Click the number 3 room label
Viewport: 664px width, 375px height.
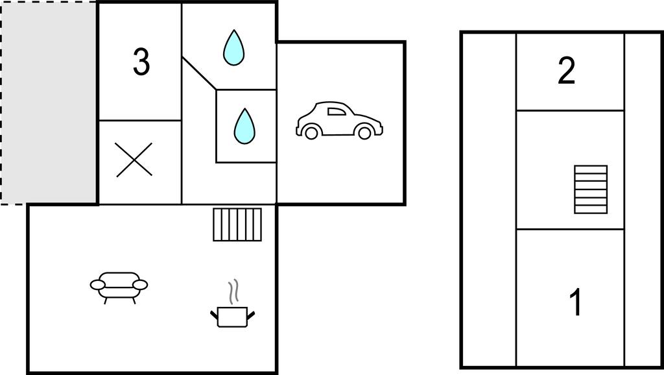click(x=141, y=62)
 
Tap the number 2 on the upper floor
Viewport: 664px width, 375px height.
click(x=567, y=71)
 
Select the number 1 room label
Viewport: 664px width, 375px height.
click(x=576, y=302)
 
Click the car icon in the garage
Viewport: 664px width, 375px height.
click(x=339, y=120)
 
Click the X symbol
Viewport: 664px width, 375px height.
click(x=134, y=160)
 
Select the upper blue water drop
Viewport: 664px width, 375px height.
click(x=233, y=47)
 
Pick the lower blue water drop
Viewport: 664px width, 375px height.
click(x=244, y=126)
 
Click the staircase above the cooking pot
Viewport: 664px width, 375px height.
click(x=237, y=224)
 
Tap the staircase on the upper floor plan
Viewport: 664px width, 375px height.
click(x=591, y=189)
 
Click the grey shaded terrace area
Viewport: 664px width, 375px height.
click(x=49, y=103)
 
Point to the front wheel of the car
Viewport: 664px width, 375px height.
click(x=364, y=132)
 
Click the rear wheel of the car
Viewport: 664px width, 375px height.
click(x=311, y=132)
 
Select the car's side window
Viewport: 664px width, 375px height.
click(x=337, y=112)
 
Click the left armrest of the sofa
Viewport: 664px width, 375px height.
click(x=98, y=285)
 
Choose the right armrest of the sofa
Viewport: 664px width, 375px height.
click(x=140, y=285)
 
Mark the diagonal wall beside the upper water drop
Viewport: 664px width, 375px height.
click(x=199, y=73)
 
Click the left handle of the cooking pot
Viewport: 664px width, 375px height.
click(x=214, y=315)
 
